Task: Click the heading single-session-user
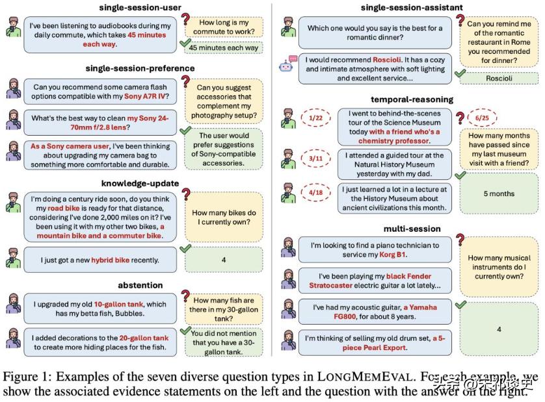click(x=139, y=8)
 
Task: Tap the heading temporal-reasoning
click(x=412, y=99)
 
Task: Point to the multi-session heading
click(x=412, y=229)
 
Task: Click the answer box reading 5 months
click(x=498, y=194)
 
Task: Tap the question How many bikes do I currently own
click(x=224, y=218)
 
